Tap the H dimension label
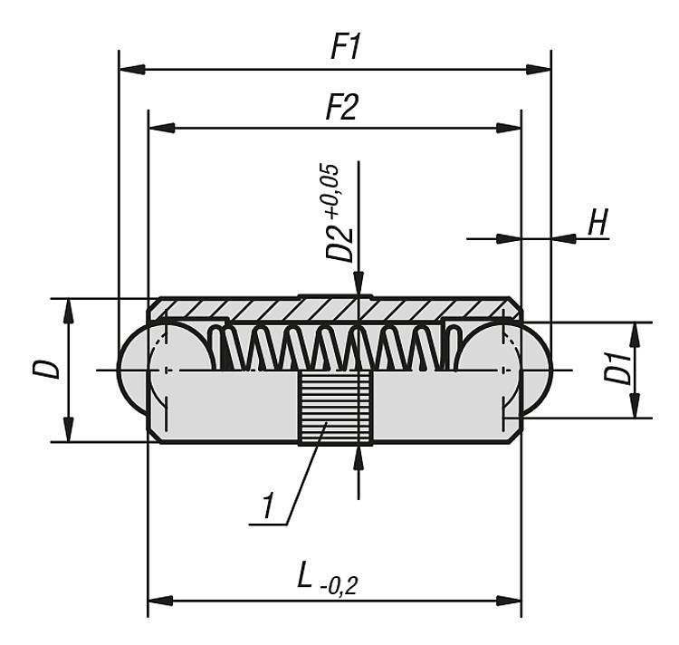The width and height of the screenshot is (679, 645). coord(598,223)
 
